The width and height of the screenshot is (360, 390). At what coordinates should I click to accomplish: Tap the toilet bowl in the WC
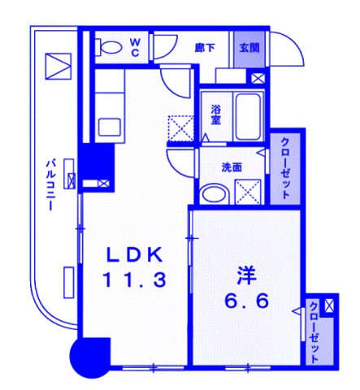[105, 46]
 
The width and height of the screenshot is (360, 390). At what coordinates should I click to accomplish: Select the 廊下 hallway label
[205, 46]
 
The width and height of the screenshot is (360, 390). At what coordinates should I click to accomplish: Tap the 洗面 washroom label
[232, 167]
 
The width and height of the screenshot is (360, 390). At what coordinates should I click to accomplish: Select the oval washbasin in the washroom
[215, 194]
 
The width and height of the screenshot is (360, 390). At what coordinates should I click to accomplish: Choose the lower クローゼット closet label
[315, 331]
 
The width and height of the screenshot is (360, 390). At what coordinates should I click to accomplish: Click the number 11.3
[134, 280]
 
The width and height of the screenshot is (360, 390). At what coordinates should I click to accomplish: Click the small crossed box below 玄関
[258, 79]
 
